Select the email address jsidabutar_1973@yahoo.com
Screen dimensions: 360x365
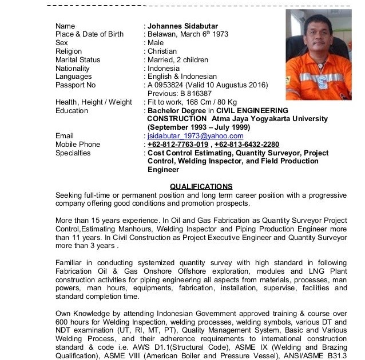tap(195, 136)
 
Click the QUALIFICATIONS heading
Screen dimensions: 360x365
tap(201, 186)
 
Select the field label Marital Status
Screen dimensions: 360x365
tap(78, 60)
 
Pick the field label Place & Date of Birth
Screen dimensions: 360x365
tap(89, 34)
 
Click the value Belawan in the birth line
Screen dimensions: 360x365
tap(162, 34)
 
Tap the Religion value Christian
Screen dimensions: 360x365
tap(162, 51)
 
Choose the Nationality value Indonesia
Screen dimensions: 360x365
tap(164, 69)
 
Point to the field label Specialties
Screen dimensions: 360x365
tap(73, 153)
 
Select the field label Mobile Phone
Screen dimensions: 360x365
tap(78, 145)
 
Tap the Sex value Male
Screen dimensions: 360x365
tap(156, 43)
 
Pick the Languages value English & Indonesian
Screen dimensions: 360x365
tap(182, 77)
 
